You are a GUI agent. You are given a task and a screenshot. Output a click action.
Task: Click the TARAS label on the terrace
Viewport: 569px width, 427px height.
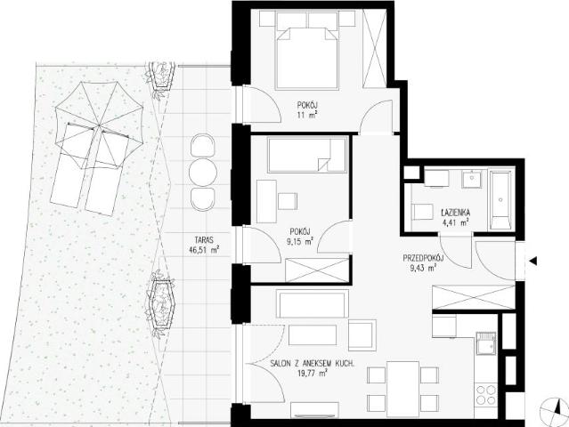(204, 240)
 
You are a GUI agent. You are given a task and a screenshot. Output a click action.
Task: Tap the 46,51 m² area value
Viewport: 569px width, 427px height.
(204, 249)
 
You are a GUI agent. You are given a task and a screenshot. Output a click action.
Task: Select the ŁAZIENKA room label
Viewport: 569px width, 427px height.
(455, 213)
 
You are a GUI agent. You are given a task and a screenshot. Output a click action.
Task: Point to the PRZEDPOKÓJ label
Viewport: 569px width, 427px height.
(424, 259)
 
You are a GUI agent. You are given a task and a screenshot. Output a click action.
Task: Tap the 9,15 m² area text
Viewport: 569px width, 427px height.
(300, 241)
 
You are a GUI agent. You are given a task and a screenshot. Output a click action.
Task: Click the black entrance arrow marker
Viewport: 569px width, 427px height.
(533, 261)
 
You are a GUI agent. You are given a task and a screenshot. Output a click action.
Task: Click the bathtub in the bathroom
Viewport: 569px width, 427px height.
(500, 200)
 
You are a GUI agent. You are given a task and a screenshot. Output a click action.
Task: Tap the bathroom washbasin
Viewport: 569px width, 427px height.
(471, 180)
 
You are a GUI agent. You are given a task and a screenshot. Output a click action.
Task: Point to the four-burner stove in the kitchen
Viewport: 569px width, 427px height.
(486, 395)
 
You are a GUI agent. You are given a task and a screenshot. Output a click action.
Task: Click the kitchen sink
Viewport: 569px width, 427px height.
(485, 342)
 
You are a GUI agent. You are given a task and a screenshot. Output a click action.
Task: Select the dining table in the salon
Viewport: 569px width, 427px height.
(402, 389)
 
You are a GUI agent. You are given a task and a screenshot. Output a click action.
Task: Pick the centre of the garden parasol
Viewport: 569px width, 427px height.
(99, 125)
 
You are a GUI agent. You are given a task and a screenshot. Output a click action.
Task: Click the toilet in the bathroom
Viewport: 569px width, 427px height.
(422, 212)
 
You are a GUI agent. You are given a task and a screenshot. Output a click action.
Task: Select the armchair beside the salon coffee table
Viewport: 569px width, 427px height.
(362, 335)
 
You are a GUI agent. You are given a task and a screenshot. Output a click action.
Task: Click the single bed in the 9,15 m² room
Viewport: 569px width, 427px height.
(306, 155)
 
